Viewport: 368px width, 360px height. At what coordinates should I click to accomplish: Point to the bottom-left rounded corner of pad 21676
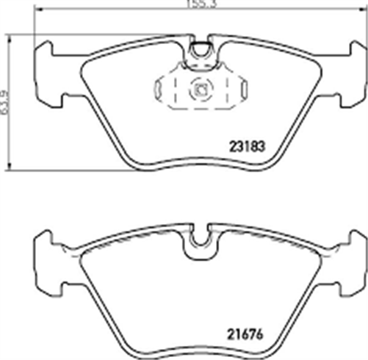126,345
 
